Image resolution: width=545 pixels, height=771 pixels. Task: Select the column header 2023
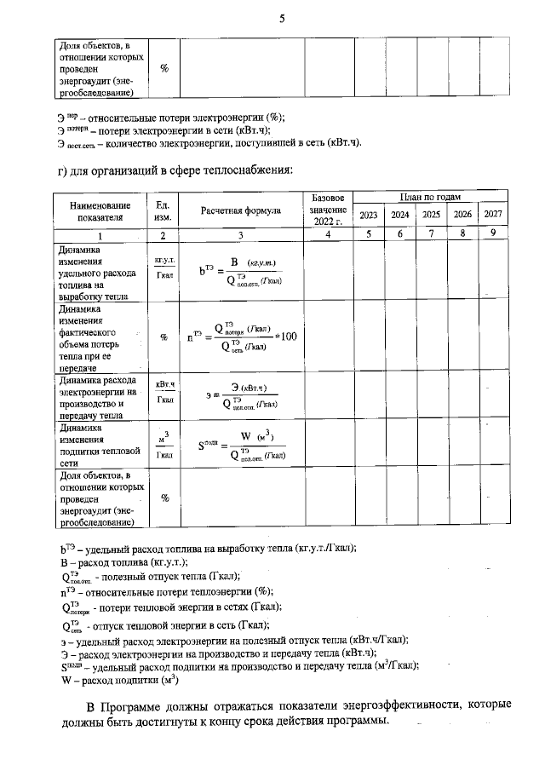(369, 214)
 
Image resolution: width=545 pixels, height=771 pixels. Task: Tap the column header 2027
(493, 214)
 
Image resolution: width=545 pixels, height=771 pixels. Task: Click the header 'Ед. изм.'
(163, 210)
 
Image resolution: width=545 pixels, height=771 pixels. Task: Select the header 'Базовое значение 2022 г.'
(327, 210)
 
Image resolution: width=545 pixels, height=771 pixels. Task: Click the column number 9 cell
(493, 233)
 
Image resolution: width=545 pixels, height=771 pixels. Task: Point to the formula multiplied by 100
(242, 337)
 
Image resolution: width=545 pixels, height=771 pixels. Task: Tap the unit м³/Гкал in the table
(164, 446)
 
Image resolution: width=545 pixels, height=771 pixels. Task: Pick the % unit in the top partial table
(164, 68)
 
